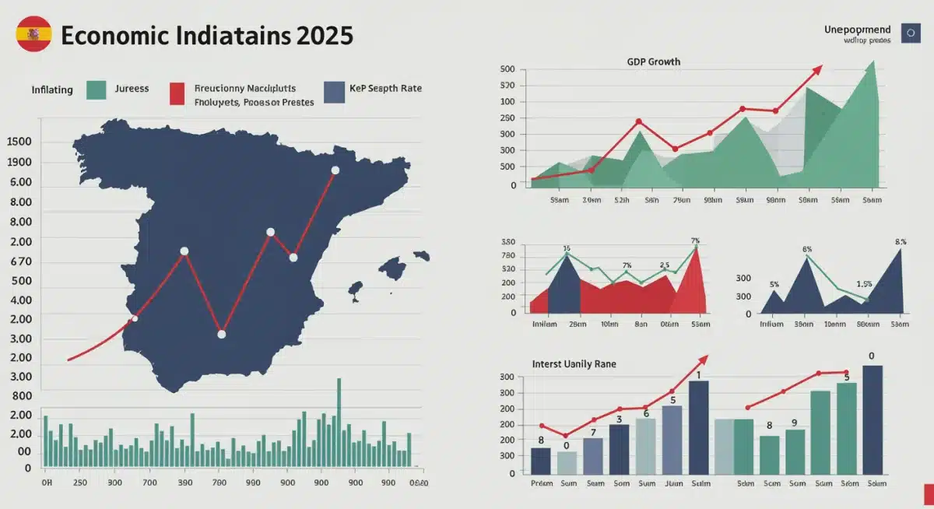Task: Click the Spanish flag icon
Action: pyautogui.click(x=33, y=34)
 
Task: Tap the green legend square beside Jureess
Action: pyautogui.click(x=97, y=90)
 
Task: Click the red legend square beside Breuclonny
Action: pyautogui.click(x=177, y=93)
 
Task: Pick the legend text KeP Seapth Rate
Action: pyautogui.click(x=386, y=89)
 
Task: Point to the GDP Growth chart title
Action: pyautogui.click(x=654, y=61)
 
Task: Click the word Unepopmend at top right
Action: pyautogui.click(x=857, y=30)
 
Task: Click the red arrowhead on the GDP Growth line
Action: pyautogui.click(x=816, y=70)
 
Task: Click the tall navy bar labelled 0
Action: pyautogui.click(x=872, y=419)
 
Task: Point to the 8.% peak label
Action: pyautogui.click(x=901, y=241)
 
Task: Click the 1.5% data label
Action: pyautogui.click(x=864, y=284)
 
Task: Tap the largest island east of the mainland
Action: pyautogui.click(x=393, y=269)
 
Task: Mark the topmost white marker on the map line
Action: pyautogui.click(x=335, y=170)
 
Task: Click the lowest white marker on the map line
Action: pyautogui.click(x=221, y=334)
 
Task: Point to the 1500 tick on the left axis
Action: pyautogui.click(x=19, y=142)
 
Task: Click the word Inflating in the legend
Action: pyautogui.click(x=51, y=90)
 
